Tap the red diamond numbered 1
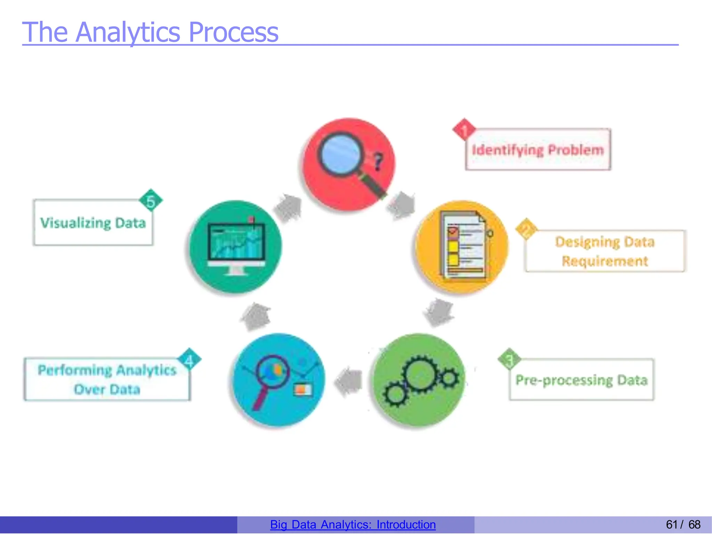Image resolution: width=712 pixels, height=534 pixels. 464,129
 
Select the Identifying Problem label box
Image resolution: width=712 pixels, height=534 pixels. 538,150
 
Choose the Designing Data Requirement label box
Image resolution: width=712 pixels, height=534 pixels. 605,251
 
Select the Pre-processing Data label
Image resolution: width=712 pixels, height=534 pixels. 581,380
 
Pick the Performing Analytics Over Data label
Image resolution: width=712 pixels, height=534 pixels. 107,379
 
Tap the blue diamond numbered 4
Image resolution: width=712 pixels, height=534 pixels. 189,360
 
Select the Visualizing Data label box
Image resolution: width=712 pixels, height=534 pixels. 93,223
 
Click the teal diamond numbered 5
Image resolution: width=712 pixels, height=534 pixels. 151,200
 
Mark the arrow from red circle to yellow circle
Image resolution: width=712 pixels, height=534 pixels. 401,206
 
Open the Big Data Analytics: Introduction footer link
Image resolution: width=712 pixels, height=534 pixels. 353,525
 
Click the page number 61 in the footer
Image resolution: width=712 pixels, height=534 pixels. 671,525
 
